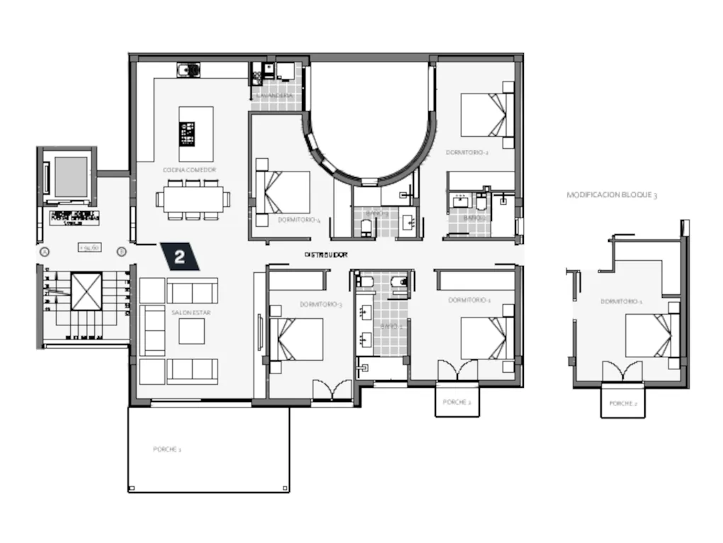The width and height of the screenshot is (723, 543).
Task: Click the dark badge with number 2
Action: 180,257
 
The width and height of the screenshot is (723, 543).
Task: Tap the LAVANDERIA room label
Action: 274,95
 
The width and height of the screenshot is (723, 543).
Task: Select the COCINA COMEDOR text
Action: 189,170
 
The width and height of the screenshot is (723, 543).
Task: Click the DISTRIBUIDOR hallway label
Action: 325,254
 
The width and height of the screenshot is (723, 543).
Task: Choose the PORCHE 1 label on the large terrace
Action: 167,449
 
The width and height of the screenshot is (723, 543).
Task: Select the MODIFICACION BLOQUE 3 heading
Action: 611,194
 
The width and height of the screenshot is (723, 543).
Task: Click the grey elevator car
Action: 70,177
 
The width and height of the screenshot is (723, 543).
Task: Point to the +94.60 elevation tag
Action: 89,247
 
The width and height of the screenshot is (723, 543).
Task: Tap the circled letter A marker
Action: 45,252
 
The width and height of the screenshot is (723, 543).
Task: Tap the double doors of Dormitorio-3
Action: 332,389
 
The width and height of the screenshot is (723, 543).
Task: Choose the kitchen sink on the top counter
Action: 189,69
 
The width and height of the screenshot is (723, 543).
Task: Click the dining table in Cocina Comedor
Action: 194,199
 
